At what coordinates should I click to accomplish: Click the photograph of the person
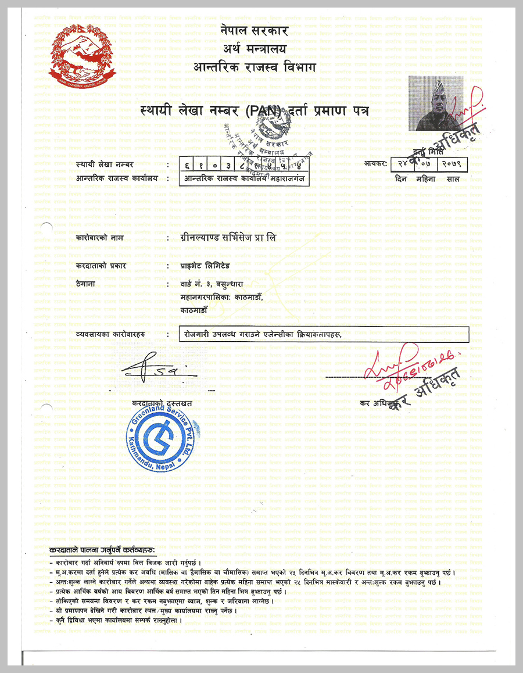click(435, 103)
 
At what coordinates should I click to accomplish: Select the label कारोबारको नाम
click(100, 238)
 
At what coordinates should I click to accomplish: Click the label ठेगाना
click(86, 284)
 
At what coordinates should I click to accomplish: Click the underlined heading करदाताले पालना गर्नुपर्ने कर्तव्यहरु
click(102, 550)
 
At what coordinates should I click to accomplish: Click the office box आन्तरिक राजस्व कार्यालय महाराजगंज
click(245, 178)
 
